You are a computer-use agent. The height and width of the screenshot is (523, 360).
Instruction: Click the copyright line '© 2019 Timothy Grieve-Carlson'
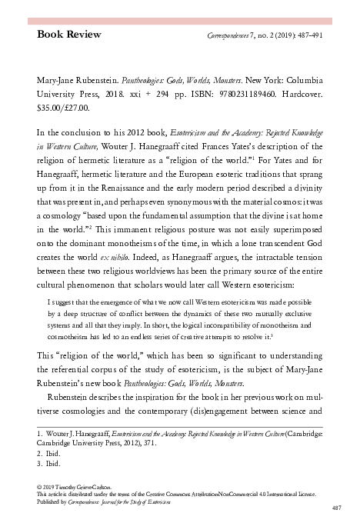pos(80,488)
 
